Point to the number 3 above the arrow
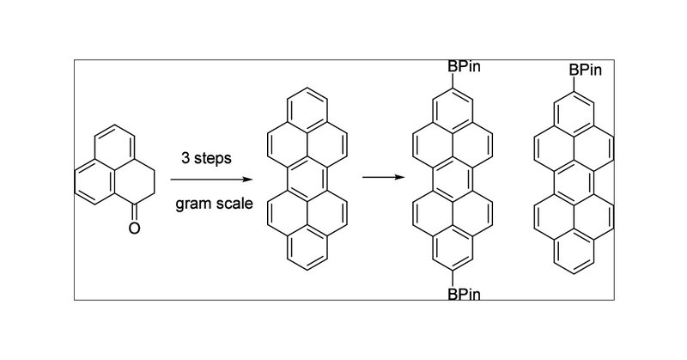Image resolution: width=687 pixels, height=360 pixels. point(185,159)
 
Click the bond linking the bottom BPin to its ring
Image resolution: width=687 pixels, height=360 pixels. point(452,279)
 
